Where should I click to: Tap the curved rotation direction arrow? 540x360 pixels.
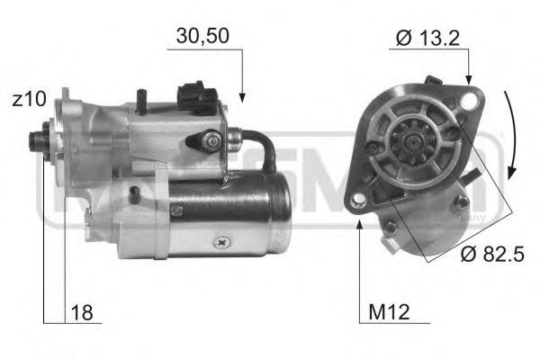(512, 135)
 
